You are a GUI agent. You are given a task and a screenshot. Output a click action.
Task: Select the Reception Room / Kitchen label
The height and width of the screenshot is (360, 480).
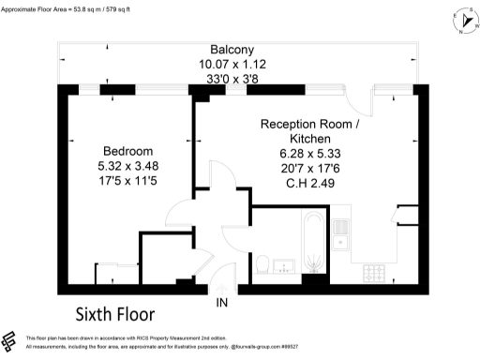(309, 131)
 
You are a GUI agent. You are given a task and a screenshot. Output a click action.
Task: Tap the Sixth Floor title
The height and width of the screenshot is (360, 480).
(114, 312)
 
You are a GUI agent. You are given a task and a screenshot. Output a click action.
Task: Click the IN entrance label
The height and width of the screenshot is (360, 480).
(222, 303)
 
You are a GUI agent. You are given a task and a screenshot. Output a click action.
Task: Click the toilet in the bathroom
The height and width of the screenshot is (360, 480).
(263, 262)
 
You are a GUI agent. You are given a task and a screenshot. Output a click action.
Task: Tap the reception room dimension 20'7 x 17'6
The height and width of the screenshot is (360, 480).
(309, 169)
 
